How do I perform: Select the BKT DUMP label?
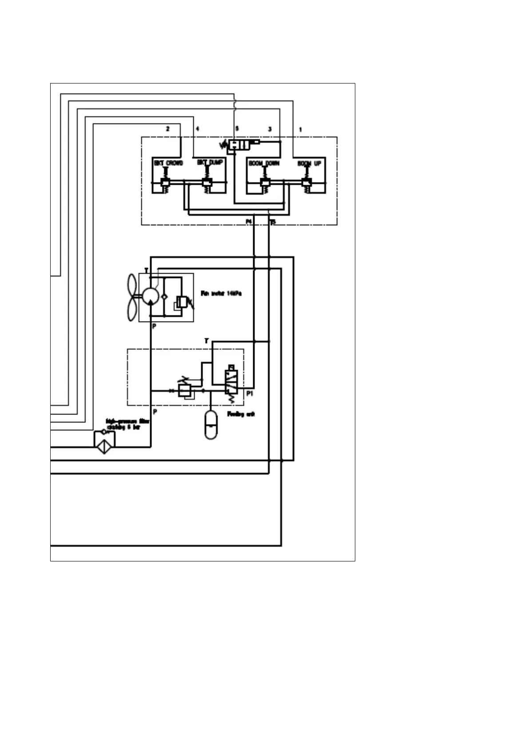click(x=210, y=163)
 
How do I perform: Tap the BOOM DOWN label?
click(x=264, y=163)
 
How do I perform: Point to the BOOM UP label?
click(x=309, y=163)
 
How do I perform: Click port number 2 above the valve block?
click(x=167, y=129)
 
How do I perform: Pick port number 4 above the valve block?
click(x=197, y=129)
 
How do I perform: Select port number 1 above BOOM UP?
click(x=301, y=130)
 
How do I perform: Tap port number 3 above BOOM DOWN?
click(x=270, y=129)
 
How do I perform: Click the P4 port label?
click(x=249, y=221)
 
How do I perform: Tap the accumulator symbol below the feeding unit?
click(x=211, y=424)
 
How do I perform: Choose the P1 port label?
click(x=250, y=394)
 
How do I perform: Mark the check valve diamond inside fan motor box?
click(x=164, y=296)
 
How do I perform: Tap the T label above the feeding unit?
click(x=206, y=341)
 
